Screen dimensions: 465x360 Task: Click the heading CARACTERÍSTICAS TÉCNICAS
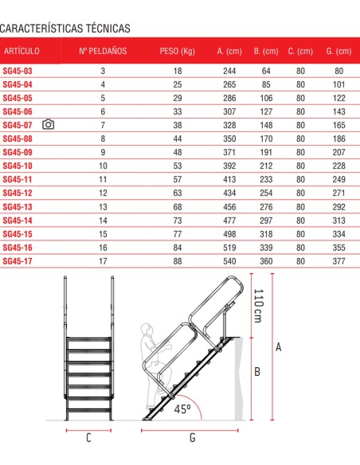[65, 29]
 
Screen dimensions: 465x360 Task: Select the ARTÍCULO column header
[22, 51]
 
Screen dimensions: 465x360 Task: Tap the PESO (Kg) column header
[177, 51]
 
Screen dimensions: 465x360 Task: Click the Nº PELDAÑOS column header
[103, 51]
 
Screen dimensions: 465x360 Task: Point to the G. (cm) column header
[338, 51]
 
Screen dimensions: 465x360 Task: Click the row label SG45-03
[18, 71]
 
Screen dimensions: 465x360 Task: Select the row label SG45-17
[18, 260]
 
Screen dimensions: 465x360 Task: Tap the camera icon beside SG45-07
[48, 125]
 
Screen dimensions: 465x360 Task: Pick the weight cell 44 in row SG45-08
[177, 139]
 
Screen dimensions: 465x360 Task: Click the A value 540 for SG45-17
[229, 260]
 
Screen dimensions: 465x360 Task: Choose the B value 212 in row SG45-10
[262, 166]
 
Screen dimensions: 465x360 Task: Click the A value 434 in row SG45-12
[229, 193]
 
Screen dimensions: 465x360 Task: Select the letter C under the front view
[88, 437]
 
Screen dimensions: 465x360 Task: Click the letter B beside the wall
[257, 372]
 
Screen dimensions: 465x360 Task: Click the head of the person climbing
[146, 329]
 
